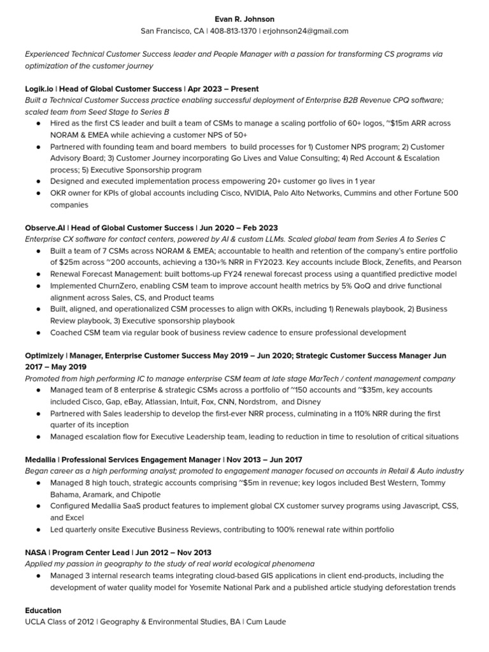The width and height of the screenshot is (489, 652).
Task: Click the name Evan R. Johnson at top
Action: point(244,19)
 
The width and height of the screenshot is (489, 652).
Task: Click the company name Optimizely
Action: point(46,355)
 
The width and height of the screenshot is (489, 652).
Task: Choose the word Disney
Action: point(308,402)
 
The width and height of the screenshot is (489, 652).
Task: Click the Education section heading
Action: point(43,610)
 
